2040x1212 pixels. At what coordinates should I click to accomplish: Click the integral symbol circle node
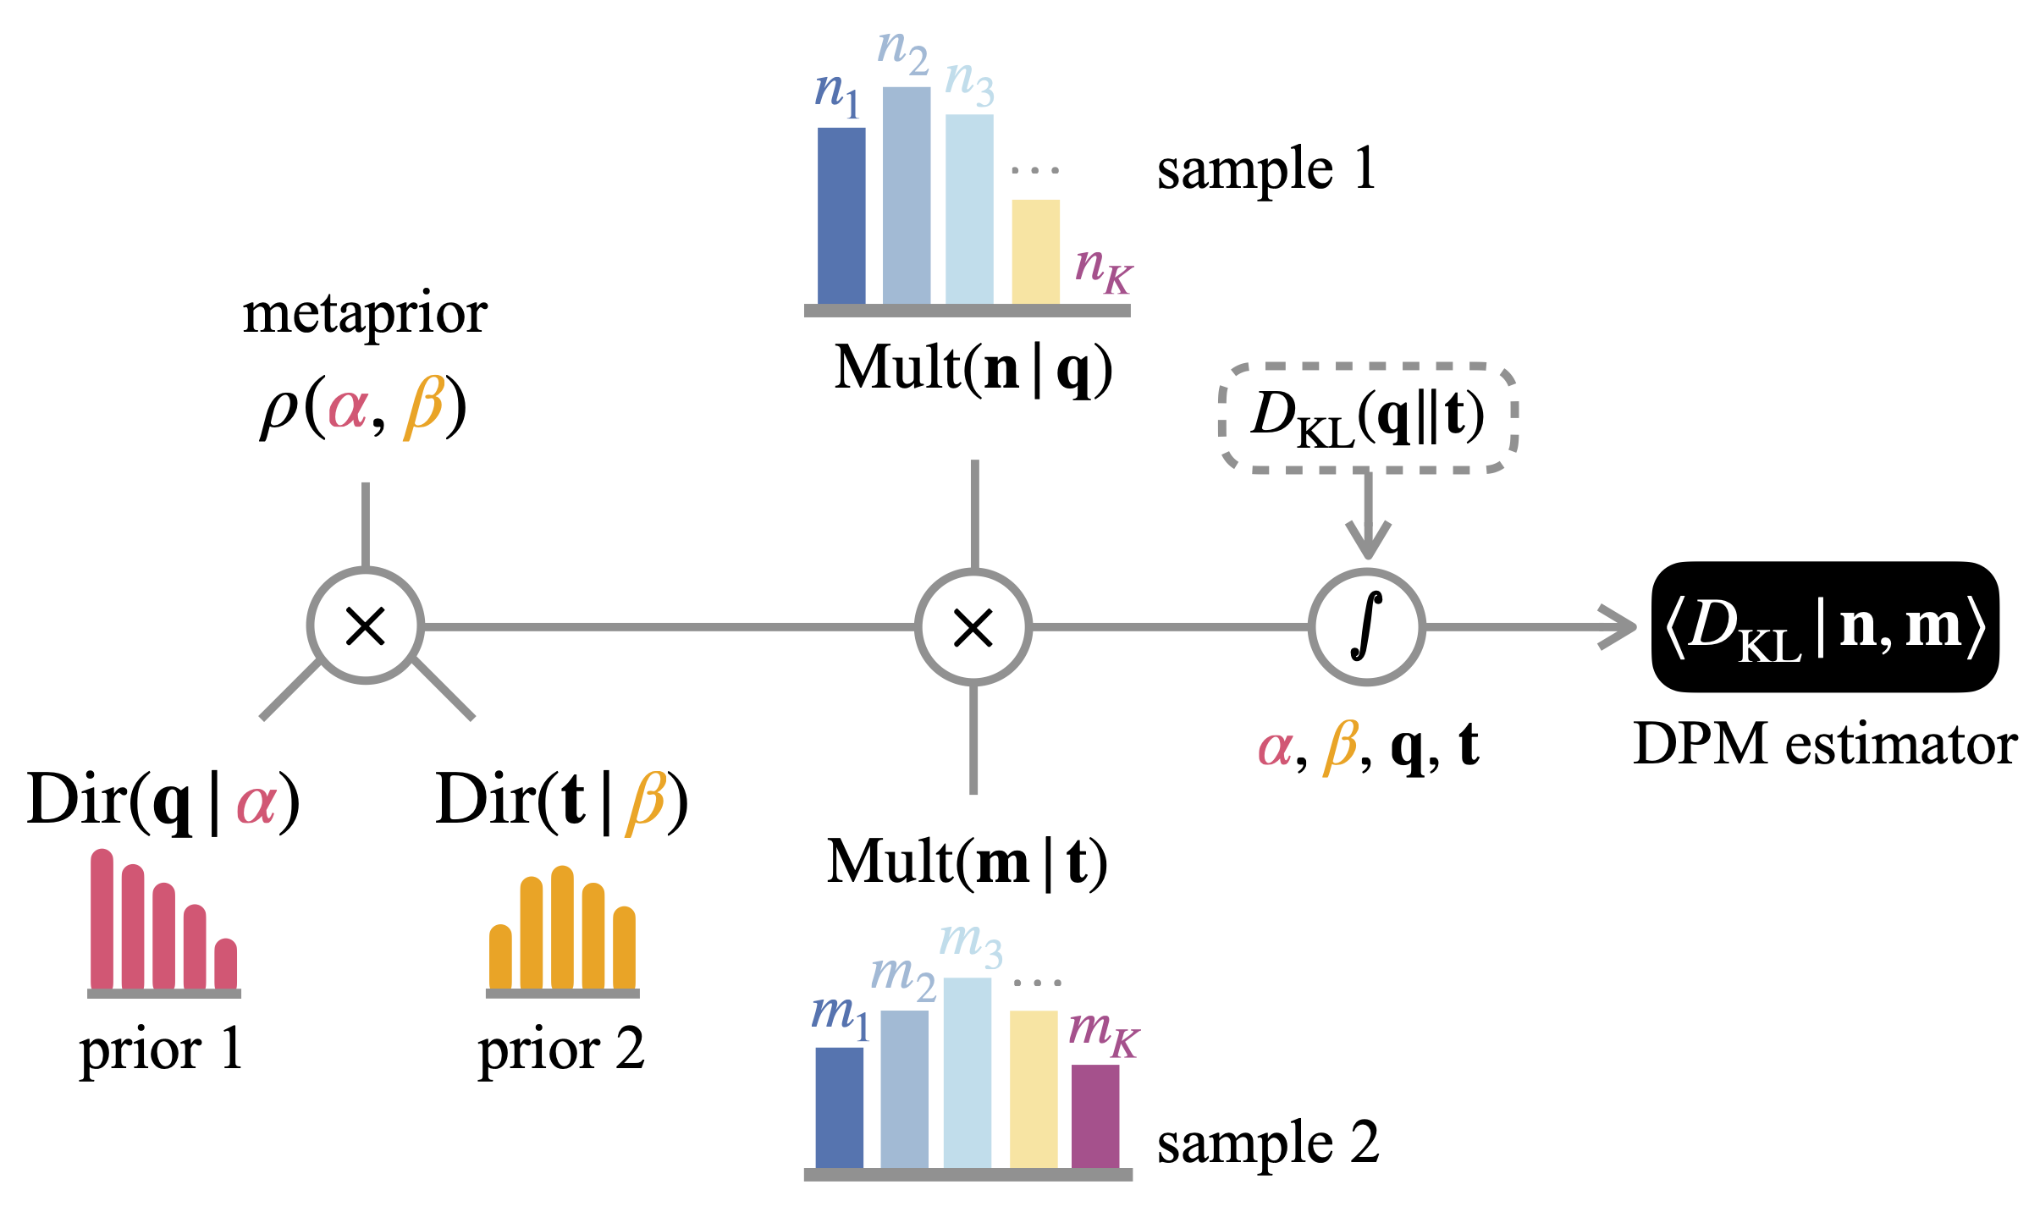1366,626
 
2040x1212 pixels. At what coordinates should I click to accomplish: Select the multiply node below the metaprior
366,626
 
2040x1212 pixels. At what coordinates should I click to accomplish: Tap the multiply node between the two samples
973,627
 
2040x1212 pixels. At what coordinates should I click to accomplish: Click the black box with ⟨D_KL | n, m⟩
1825,627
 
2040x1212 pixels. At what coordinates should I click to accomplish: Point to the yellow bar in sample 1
1035,251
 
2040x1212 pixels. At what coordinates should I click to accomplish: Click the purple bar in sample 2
1094,1116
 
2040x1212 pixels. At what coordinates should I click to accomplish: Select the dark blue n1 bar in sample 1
841,216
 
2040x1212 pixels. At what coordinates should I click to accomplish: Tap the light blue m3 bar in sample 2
967,1072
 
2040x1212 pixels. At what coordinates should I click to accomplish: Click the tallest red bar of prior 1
102,918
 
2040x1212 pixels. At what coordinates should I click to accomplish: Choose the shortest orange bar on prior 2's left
500,956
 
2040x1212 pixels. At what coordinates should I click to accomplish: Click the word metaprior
365,314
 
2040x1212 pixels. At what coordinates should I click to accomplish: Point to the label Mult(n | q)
973,368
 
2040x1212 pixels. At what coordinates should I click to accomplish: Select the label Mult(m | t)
967,862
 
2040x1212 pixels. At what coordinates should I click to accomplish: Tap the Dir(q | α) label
163,800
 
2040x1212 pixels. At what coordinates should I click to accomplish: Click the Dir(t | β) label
561,800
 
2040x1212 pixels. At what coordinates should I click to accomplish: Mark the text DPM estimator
1825,745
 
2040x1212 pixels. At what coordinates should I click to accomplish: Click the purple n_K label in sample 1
1102,269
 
